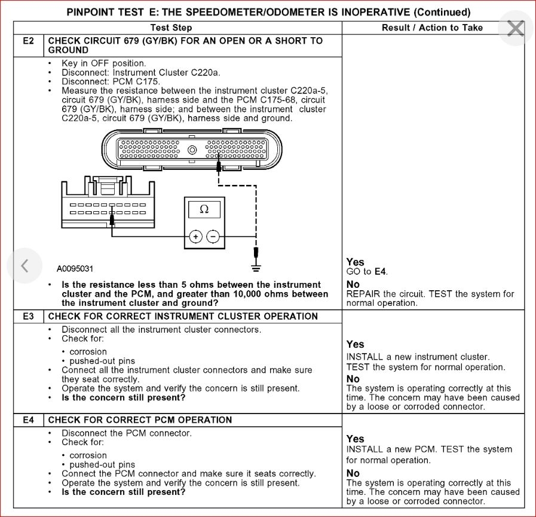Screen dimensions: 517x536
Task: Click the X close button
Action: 515,28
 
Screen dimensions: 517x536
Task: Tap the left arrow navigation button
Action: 24,265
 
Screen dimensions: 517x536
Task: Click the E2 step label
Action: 29,41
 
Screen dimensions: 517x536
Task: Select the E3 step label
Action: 29,316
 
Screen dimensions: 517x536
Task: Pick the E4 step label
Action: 29,420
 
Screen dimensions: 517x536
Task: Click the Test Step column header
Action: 171,28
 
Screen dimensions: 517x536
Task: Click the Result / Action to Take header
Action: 432,28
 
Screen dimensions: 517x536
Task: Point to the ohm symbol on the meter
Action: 204,209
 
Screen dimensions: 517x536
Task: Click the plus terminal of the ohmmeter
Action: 195,237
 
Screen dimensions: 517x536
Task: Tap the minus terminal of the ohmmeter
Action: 213,237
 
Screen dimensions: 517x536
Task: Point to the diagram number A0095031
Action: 75,269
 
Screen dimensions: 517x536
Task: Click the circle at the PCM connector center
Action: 192,150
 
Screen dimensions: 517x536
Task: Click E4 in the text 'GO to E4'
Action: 381,272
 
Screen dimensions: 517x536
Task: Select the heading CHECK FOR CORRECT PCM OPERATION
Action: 140,420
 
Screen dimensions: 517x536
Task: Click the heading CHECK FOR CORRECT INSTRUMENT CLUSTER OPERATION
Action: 183,316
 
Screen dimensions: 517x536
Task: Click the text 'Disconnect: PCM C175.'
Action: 111,81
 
